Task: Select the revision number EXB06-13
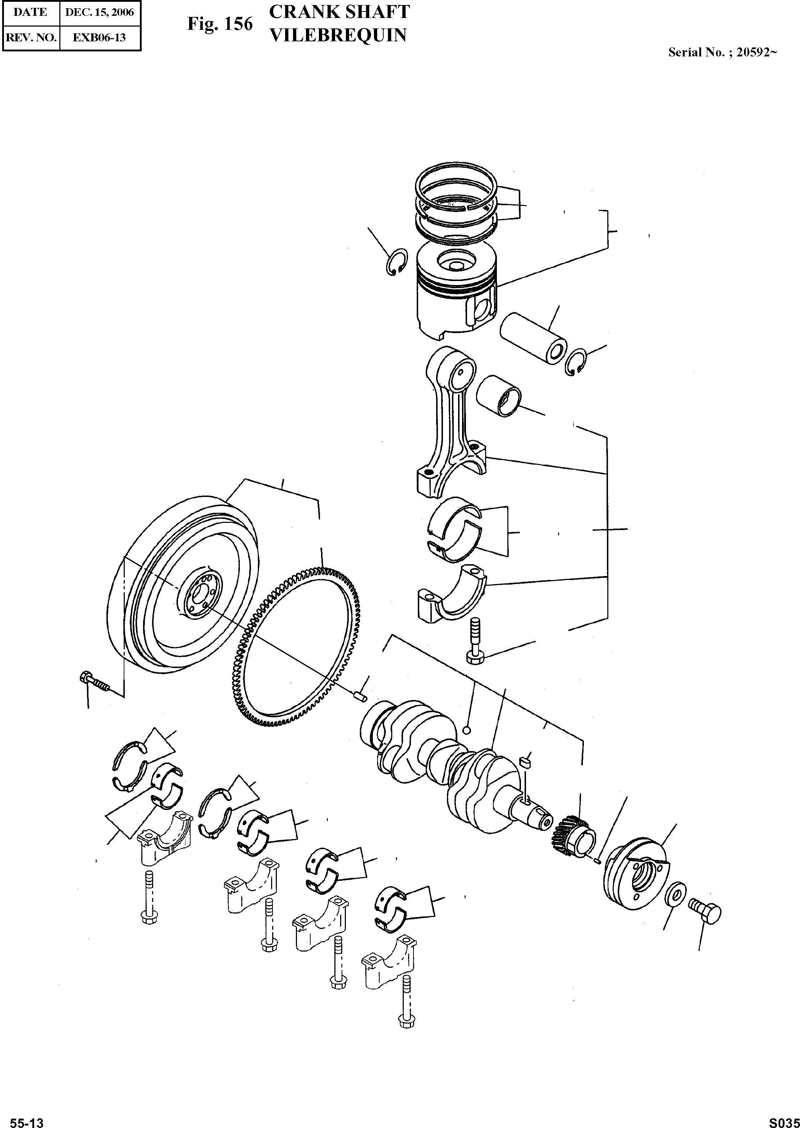[x=100, y=37]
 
